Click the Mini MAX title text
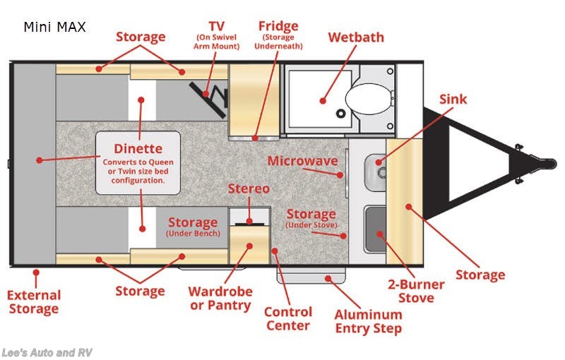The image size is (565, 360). tap(54, 28)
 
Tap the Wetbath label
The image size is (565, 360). tap(355, 37)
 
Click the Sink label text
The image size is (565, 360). tap(453, 100)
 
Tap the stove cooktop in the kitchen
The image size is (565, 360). tap(375, 227)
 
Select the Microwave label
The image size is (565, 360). tap(302, 161)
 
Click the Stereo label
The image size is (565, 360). tap(249, 189)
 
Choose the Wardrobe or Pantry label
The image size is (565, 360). tap(219, 298)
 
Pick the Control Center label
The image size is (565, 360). tap(287, 318)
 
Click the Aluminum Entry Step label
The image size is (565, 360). tap(368, 321)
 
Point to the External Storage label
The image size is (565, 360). tap(34, 302)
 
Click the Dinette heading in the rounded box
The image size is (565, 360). tap(138, 149)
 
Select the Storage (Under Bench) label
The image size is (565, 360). tap(192, 227)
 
